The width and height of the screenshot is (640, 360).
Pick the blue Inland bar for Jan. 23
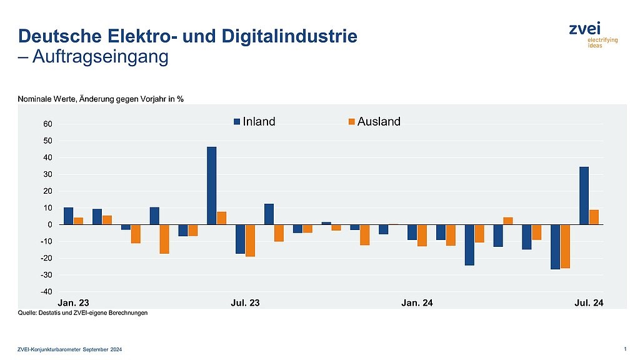coord(69,216)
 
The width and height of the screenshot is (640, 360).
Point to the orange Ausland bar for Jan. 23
coord(79,221)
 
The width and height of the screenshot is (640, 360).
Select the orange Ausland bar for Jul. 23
coord(251,240)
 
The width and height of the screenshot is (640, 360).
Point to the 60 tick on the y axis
coord(47,124)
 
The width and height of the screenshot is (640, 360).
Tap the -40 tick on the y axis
coord(46,292)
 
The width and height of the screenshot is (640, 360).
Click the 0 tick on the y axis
coord(50,224)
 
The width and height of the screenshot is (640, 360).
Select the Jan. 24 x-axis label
coord(417,303)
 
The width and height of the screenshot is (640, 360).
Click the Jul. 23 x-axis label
coord(246,303)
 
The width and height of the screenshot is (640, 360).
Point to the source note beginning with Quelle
coord(82,313)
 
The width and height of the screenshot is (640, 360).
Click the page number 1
coord(625,348)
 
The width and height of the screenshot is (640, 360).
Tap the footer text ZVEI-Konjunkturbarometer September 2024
coord(70,349)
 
